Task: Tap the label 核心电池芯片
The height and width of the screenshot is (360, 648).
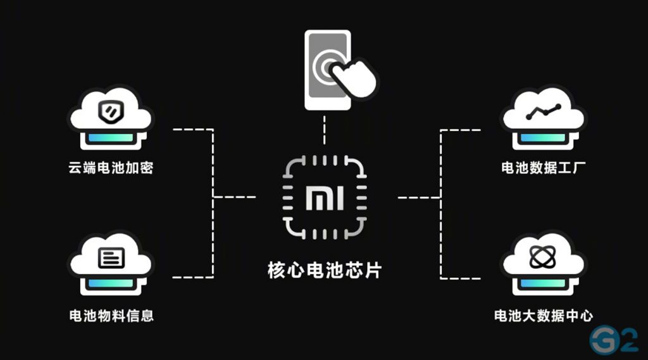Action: tap(325, 271)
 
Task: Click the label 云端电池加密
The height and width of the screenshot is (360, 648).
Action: tap(111, 169)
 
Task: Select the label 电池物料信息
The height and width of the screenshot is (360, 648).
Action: tap(111, 315)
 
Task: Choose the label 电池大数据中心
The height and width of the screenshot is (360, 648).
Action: tap(543, 315)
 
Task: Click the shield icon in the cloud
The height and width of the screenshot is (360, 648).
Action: tap(111, 112)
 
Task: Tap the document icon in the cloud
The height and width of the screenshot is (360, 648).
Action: tap(111, 258)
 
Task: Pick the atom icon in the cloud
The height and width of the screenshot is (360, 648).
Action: tap(543, 258)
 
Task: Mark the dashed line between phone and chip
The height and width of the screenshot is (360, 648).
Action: tap(325, 132)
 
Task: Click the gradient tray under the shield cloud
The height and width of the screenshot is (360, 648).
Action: tap(111, 137)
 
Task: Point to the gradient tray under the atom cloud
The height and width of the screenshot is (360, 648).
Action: tap(543, 283)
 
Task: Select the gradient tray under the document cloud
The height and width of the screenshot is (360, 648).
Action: tap(111, 283)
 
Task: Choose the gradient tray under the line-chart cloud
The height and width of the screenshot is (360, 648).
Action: tap(543, 137)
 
